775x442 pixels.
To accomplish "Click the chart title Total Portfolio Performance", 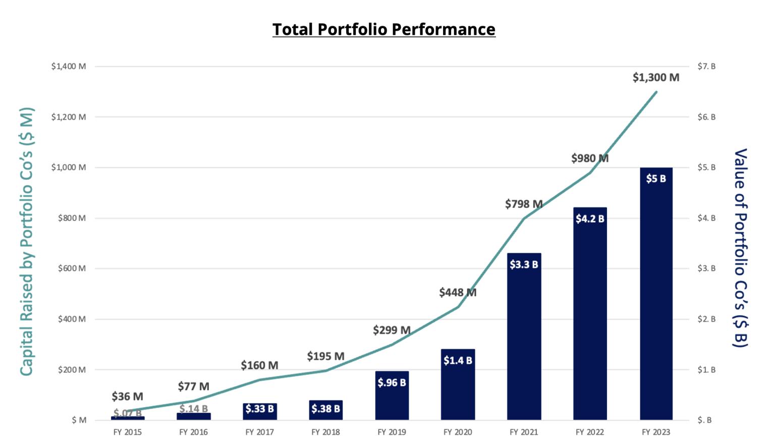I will [x=383, y=29].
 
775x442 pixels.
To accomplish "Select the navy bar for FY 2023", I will [x=656, y=303].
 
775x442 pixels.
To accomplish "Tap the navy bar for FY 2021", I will [x=524, y=343].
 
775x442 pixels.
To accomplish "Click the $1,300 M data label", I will [x=655, y=78].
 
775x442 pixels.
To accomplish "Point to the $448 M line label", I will [x=457, y=293].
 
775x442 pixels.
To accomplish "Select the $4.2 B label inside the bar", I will [x=590, y=219].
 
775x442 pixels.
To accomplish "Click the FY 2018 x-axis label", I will [x=325, y=432].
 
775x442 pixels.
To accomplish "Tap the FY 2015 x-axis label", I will [x=127, y=432].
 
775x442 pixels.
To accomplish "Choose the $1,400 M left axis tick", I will [x=68, y=67].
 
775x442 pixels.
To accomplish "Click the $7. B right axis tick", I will [x=706, y=67].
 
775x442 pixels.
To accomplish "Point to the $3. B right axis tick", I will [x=706, y=268].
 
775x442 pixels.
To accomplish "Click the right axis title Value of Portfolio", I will [x=740, y=247].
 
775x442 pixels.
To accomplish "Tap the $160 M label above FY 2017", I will [x=259, y=365].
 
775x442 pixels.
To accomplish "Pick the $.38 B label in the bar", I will [x=325, y=409].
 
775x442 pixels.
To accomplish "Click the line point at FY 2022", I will [x=590, y=173].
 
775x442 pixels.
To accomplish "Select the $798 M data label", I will [x=524, y=204].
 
